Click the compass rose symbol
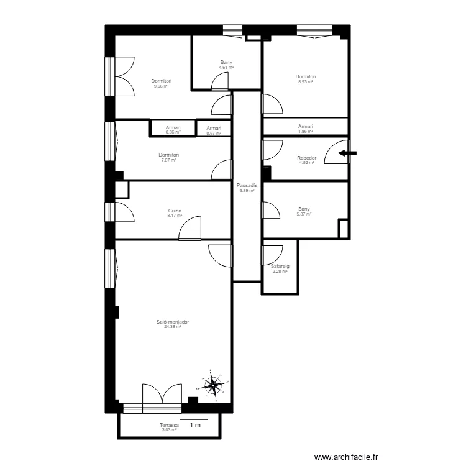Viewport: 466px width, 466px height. point(212,385)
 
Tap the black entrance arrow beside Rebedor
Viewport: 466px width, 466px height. point(347,153)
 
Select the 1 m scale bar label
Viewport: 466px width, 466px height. point(195,425)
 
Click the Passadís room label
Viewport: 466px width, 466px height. point(247,185)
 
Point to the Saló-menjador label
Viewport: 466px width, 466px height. point(173,322)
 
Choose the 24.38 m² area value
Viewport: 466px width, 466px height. point(173,327)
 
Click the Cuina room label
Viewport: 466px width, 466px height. point(175,211)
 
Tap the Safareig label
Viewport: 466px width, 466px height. point(280,267)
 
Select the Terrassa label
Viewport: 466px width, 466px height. point(169,425)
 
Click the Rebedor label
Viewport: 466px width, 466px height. point(307,158)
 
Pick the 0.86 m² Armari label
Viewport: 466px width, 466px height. point(173,127)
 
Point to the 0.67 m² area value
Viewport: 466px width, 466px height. point(214,134)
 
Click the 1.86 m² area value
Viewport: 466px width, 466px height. point(306,131)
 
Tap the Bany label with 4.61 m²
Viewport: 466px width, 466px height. point(226,62)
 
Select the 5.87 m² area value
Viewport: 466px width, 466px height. point(304,214)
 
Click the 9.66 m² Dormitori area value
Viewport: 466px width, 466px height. point(162,86)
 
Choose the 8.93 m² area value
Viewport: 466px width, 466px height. point(306,82)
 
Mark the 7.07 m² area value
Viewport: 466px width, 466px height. point(169,160)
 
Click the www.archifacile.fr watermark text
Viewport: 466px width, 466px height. point(346,457)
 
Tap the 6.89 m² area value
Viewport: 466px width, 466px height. point(247,191)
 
